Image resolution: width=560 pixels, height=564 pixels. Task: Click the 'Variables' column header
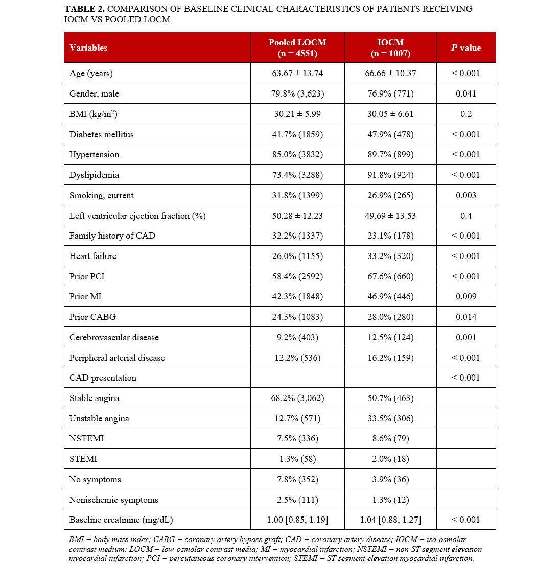88,48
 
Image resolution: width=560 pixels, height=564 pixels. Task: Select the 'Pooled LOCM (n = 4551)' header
297,48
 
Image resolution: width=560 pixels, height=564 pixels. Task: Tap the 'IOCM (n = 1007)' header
390,48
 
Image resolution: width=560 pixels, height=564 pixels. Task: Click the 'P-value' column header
465,48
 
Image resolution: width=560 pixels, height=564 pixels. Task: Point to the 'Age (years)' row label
91,73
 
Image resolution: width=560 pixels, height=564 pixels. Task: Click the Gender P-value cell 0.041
465,93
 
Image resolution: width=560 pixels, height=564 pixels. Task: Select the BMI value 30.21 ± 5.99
297,114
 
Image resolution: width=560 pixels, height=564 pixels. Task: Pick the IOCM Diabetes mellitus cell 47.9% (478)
390,134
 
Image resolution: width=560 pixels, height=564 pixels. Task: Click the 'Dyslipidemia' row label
94,175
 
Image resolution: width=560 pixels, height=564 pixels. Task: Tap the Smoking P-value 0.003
465,195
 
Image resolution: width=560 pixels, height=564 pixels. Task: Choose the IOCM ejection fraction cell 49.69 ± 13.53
390,216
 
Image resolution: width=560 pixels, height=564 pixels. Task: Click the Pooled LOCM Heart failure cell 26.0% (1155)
297,256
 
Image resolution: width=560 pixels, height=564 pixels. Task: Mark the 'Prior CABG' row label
92,317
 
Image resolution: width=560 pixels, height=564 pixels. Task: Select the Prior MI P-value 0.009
465,296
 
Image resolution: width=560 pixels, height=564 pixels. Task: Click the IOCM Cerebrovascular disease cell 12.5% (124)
390,337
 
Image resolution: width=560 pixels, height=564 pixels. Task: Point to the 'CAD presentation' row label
103,378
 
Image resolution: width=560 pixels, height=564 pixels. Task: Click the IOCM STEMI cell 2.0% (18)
390,459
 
